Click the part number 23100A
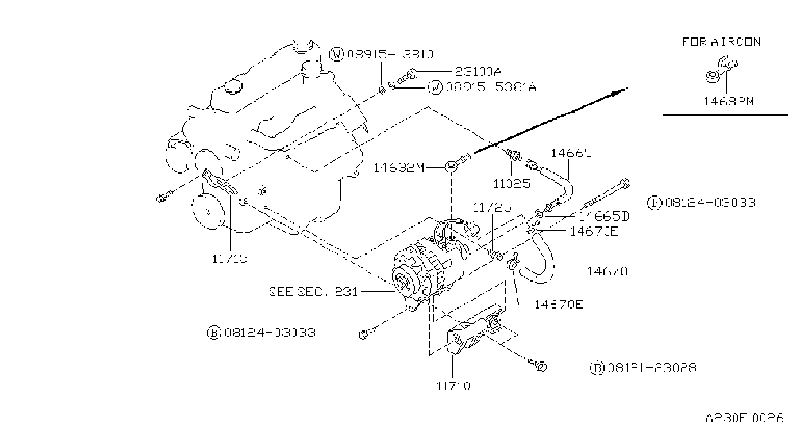478,72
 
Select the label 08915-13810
390,54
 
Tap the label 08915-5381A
491,87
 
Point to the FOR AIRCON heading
722,42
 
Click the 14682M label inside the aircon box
729,102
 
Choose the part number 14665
571,153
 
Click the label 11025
512,183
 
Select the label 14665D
603,215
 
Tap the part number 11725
492,208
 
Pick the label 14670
607,271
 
